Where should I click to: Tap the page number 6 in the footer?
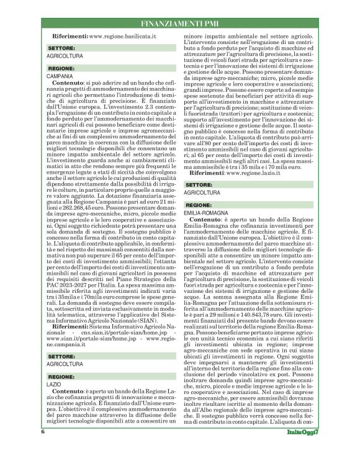[43, 448]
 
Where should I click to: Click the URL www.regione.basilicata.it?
[122, 37]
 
